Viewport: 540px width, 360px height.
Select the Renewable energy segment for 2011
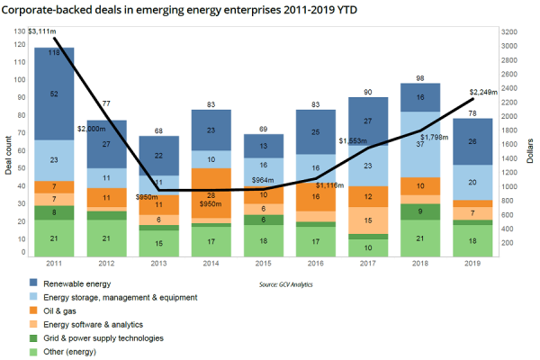[x=54, y=94]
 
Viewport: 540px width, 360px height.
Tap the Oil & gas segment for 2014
[x=212, y=193]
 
